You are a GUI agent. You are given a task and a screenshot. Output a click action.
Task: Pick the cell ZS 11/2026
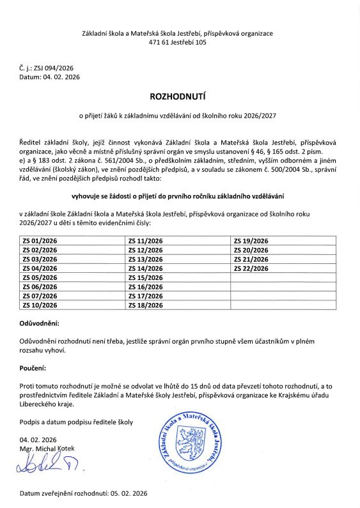tap(146, 240)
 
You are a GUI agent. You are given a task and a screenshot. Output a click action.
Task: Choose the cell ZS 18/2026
tap(146, 305)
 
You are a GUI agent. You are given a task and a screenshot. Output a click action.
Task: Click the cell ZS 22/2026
tap(251, 268)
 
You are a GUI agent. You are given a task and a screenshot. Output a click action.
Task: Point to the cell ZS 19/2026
tap(251, 240)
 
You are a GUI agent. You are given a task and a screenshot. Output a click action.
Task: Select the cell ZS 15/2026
tap(146, 278)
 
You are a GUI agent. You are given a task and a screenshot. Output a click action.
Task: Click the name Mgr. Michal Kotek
tap(48, 450)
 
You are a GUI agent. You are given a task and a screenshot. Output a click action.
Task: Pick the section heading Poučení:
tap(37, 369)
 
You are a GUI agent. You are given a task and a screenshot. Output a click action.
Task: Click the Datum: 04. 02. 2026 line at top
tap(50, 76)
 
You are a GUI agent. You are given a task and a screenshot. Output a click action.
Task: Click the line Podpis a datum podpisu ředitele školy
tap(76, 422)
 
